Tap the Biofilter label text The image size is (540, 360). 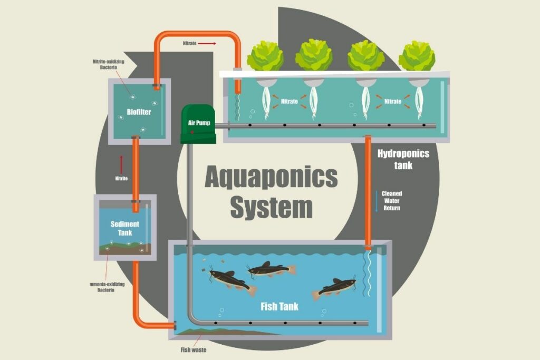139,112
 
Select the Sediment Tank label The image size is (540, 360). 125,228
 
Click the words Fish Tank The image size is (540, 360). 279,306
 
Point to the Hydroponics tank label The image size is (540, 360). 403,159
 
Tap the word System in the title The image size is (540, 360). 271,208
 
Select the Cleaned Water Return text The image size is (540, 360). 392,201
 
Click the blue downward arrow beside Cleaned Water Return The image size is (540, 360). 377,201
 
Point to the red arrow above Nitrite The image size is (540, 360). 121,164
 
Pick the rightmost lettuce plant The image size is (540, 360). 417,55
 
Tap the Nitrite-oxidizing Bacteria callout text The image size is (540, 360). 108,65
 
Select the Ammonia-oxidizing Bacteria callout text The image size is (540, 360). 105,287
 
